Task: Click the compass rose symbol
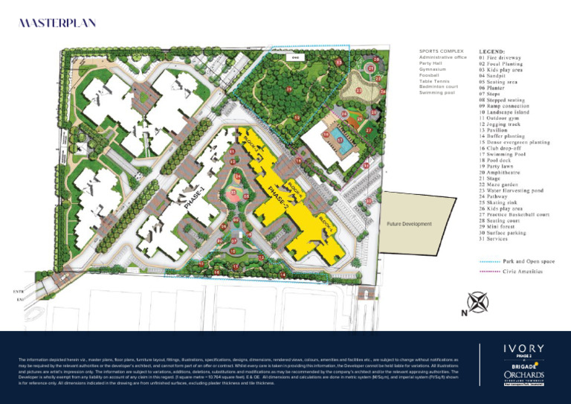477,302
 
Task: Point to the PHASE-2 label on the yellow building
277,195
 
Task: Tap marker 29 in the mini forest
288,89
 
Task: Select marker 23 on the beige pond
358,90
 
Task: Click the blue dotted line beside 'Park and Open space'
488,261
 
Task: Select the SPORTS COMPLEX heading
442,51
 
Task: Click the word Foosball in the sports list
430,75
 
